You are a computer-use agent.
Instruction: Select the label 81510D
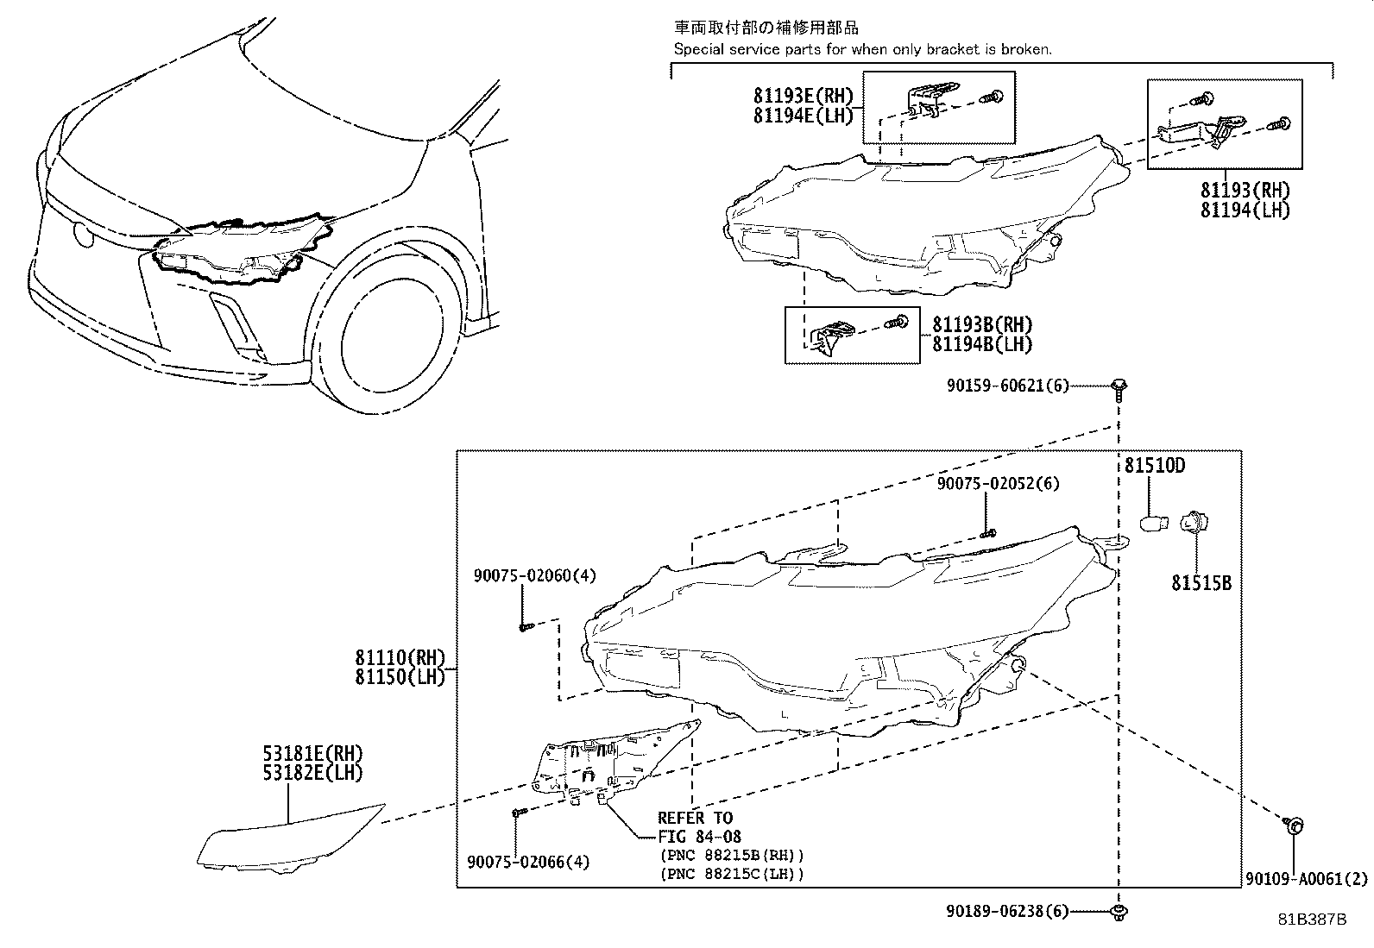1154,466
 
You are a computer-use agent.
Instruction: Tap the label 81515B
1201,583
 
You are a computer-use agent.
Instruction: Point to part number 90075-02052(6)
998,484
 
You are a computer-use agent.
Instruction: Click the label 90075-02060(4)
533,575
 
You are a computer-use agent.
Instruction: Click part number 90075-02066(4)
528,862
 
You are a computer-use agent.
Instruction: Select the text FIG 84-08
699,836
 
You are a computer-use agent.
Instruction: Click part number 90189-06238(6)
1006,911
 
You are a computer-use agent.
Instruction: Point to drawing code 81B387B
1311,920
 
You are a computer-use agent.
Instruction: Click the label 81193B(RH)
981,325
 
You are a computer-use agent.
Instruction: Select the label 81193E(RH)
803,97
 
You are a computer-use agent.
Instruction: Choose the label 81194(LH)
1245,210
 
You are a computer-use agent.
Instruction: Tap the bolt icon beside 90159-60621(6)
1119,386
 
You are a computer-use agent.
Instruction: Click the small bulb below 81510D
1154,522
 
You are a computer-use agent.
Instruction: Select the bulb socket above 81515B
1196,522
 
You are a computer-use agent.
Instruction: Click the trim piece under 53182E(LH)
288,838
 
